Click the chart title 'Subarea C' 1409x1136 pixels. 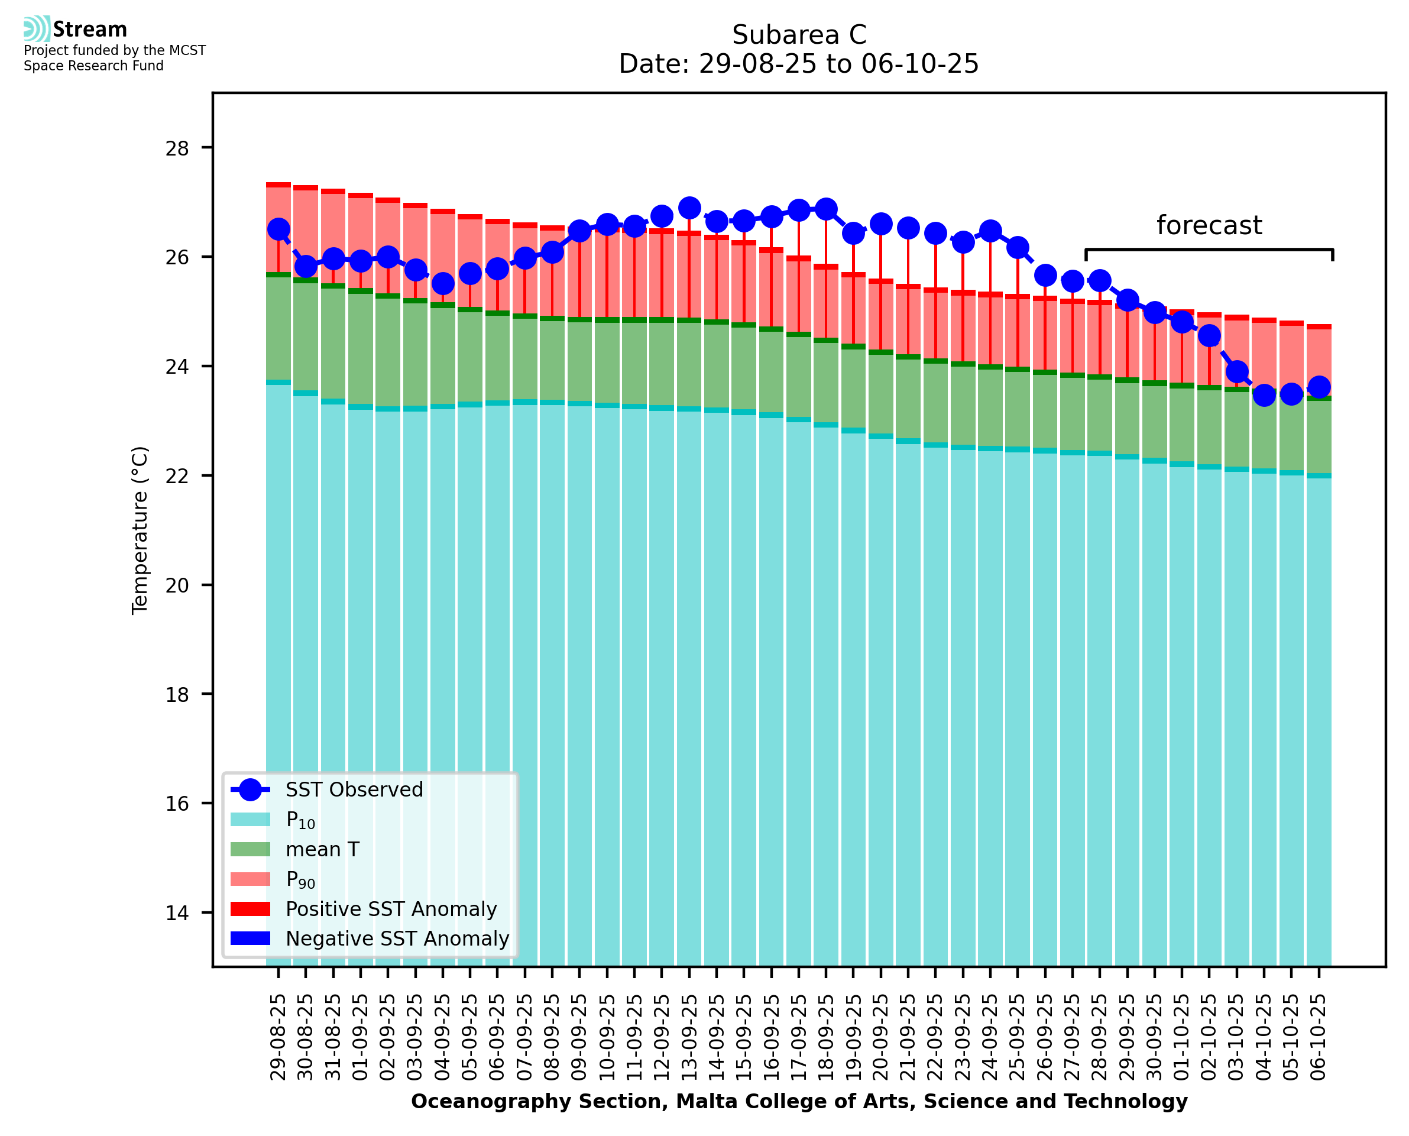click(799, 35)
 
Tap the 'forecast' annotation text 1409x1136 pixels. click(1209, 225)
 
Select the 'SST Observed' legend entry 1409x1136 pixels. click(354, 790)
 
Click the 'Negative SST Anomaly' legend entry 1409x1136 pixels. click(397, 938)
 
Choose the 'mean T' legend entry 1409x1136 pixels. click(322, 849)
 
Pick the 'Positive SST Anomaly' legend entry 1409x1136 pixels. click(391, 909)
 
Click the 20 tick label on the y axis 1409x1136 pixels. click(177, 585)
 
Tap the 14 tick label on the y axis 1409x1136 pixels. click(177, 913)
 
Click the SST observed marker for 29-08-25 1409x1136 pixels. click(278, 229)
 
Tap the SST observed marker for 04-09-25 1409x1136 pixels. click(443, 284)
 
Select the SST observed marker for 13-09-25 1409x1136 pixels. click(689, 208)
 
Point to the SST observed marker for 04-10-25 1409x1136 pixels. click(1264, 395)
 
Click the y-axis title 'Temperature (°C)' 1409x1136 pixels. click(140, 530)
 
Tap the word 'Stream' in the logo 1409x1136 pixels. click(90, 30)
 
